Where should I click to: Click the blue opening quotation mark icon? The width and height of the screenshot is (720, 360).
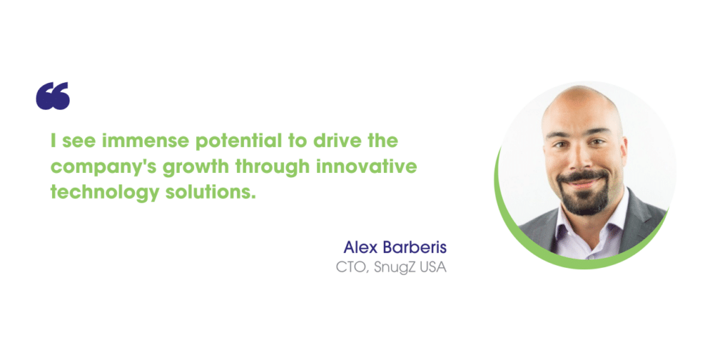pos(53,96)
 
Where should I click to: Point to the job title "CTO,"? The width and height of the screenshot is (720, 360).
pos(353,268)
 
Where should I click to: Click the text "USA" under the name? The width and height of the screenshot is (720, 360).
pos(432,268)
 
